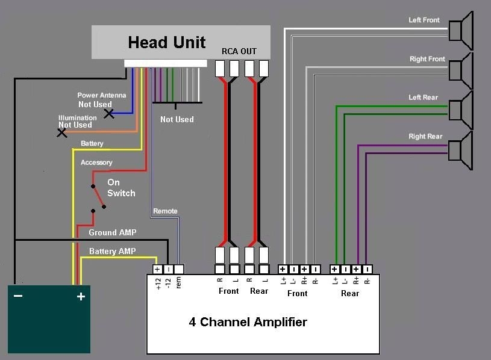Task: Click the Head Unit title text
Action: click(x=167, y=42)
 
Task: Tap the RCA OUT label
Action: click(x=239, y=51)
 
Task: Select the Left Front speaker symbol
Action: click(x=461, y=31)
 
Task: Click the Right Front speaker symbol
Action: click(x=461, y=70)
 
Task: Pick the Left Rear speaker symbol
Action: click(x=461, y=109)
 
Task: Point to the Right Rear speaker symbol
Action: click(x=461, y=148)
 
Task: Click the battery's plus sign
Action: click(x=80, y=296)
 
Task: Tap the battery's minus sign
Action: click(x=18, y=296)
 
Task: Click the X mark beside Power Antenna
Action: click(x=108, y=113)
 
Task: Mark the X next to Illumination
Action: click(x=61, y=132)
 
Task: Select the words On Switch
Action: click(x=120, y=188)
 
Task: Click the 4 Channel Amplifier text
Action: click(x=248, y=322)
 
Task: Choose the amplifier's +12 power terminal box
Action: click(x=157, y=270)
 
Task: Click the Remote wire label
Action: click(x=165, y=211)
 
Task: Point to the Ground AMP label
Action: click(x=112, y=232)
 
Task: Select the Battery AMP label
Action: click(x=112, y=251)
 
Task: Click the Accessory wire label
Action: click(x=96, y=163)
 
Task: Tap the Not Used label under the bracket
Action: click(x=177, y=119)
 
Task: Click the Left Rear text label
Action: click(x=423, y=98)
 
